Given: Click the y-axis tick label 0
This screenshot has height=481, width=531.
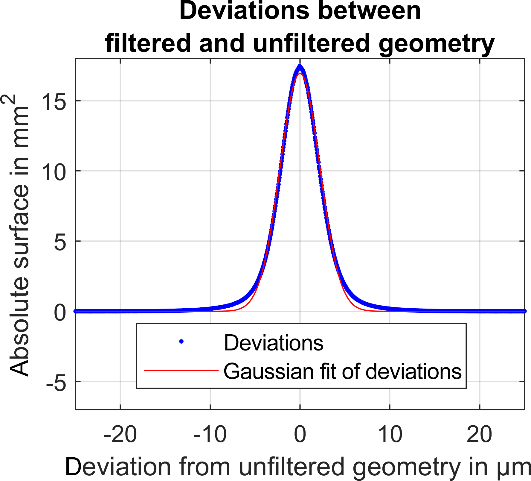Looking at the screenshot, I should (x=60, y=312).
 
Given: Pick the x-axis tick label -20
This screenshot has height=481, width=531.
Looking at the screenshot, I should (x=120, y=435).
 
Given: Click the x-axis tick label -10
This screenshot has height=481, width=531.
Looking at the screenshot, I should (x=210, y=435).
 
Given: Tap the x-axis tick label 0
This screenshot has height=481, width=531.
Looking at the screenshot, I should (x=300, y=435).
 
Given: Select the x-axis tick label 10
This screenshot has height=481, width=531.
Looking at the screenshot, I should (x=390, y=435).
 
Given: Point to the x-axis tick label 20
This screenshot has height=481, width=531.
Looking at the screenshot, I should (x=479, y=435).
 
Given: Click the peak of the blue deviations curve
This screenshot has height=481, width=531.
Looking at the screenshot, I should (x=300, y=66).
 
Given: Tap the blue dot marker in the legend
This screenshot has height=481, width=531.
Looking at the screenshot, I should (x=181, y=342).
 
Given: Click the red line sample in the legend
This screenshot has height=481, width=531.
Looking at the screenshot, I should (x=181, y=371).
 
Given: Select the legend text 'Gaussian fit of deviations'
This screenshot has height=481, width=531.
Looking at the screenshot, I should (x=343, y=371).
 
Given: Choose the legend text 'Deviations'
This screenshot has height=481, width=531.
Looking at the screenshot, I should (x=274, y=343).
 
